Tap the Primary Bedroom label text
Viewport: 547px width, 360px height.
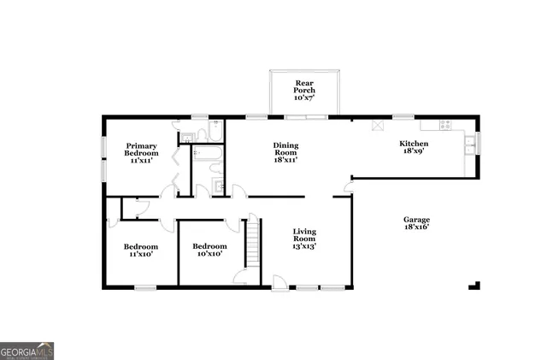(x=143, y=152)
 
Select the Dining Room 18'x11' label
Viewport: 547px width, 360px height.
(x=285, y=152)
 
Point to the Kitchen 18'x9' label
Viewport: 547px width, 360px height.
(x=414, y=147)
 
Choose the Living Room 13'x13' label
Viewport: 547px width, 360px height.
(x=305, y=239)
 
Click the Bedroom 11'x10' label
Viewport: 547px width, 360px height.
(x=141, y=250)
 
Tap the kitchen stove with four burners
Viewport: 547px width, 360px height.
(x=445, y=125)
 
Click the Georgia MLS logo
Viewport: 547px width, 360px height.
(x=27, y=351)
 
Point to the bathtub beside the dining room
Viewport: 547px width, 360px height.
(x=209, y=155)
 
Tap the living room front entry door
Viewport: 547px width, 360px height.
(x=279, y=280)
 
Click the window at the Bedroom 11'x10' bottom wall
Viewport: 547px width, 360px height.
(x=144, y=286)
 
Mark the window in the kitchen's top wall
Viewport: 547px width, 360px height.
(x=403, y=116)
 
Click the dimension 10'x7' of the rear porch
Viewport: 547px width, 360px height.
(x=305, y=98)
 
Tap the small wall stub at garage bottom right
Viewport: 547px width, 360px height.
(x=474, y=285)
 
